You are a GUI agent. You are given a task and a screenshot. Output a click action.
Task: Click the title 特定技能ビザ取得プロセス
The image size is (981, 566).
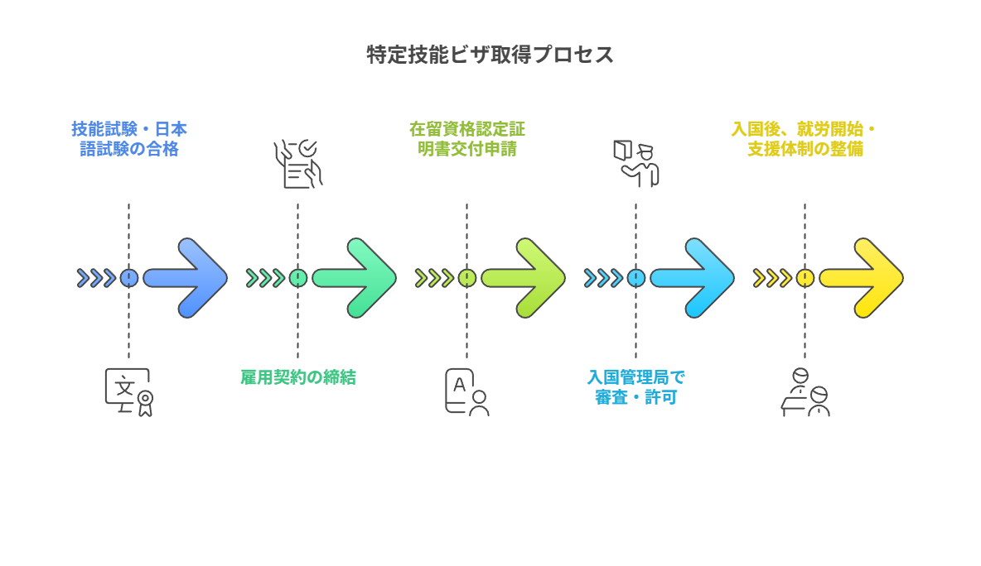[x=490, y=55]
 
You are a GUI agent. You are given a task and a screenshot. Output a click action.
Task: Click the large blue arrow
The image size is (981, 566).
[x=187, y=278]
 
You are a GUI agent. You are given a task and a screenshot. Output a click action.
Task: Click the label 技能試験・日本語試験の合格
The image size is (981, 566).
[x=128, y=139]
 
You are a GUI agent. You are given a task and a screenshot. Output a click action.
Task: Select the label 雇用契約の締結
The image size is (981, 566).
[x=298, y=377]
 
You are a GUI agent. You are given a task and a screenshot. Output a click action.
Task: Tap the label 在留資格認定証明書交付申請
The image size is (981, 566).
[x=466, y=139]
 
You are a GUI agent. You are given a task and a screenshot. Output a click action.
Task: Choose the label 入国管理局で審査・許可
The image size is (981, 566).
[x=636, y=387]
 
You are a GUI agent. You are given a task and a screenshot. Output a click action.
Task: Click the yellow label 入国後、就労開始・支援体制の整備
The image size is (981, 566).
[x=804, y=139]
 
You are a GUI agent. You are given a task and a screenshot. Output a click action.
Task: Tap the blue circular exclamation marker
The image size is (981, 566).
[x=129, y=278]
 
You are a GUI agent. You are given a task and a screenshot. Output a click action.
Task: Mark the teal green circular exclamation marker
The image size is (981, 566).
[x=298, y=278]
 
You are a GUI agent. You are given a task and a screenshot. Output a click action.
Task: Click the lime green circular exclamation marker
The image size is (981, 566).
[x=467, y=278]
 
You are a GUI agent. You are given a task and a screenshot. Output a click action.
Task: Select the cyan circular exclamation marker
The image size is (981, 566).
[x=636, y=278]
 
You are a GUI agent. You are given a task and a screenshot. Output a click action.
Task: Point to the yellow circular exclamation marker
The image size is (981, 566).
[x=805, y=278]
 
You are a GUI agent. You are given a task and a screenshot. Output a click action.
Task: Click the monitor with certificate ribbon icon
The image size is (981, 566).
[x=129, y=391]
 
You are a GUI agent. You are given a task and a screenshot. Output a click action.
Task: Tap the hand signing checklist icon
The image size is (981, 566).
[x=298, y=164]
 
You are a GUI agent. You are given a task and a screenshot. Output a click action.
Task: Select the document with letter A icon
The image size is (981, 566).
[x=466, y=391]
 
